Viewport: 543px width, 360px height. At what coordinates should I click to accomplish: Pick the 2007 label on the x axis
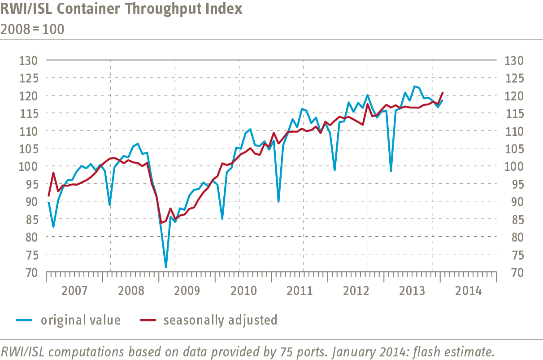[x=74, y=291]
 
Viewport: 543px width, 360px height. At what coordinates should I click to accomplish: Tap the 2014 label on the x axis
[x=469, y=291]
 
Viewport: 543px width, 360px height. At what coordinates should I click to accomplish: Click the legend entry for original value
[x=81, y=320]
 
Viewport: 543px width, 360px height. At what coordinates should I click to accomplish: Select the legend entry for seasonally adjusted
[x=220, y=320]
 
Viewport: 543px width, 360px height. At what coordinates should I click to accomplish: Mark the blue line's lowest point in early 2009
[x=166, y=268]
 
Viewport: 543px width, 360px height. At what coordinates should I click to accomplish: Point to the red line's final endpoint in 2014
[x=443, y=93]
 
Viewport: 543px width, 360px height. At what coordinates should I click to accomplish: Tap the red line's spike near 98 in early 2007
[x=53, y=173]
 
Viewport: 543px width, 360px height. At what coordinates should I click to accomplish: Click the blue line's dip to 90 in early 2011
[x=278, y=202]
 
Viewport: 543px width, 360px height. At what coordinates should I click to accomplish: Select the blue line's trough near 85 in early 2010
[x=222, y=219]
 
